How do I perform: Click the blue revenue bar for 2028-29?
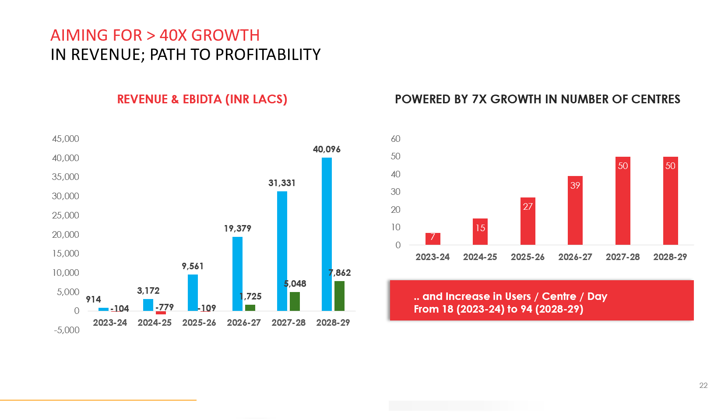(327, 234)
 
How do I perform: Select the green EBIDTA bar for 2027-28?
(295, 301)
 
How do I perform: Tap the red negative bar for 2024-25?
(161, 313)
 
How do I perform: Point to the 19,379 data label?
(237, 229)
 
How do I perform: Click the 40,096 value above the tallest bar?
(327, 149)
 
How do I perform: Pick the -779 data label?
(165, 307)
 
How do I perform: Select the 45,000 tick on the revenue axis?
(66, 139)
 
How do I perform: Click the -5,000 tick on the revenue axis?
(67, 330)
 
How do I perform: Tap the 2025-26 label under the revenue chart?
(199, 323)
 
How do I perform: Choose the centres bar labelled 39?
(575, 210)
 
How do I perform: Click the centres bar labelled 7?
(433, 239)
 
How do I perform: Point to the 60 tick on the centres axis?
(396, 139)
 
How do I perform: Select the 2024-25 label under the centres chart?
(480, 257)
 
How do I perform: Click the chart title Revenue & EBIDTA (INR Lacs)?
(202, 99)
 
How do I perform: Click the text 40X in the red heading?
(173, 35)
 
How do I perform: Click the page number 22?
(703, 385)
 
